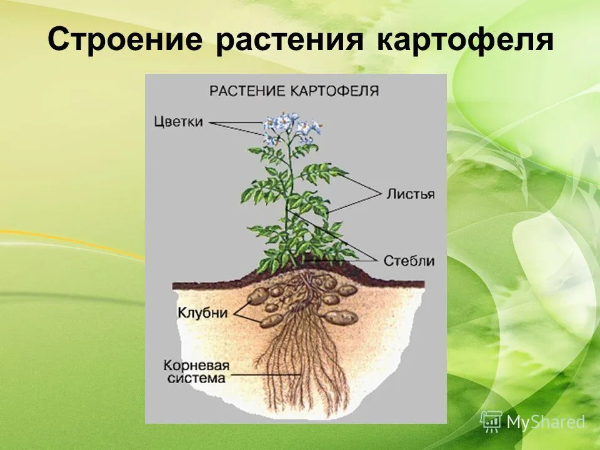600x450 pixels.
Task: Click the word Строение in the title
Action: [x=125, y=39]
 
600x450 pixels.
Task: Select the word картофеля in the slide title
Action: [x=465, y=39]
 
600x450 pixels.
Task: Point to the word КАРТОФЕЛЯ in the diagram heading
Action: [x=334, y=91]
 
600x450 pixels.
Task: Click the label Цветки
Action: [x=178, y=122]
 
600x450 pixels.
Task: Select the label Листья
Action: [x=410, y=194]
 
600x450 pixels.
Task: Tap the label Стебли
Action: [x=409, y=261]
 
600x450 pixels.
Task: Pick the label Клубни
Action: [x=202, y=312]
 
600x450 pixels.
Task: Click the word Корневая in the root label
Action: [x=196, y=366]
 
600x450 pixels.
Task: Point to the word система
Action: [x=196, y=379]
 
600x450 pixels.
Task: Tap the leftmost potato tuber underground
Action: [x=258, y=296]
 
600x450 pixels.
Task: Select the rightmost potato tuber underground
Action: [x=341, y=317]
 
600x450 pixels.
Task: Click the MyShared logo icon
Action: [x=491, y=422]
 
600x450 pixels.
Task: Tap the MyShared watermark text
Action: [x=546, y=422]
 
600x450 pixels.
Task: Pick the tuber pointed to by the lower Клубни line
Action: [x=271, y=321]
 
